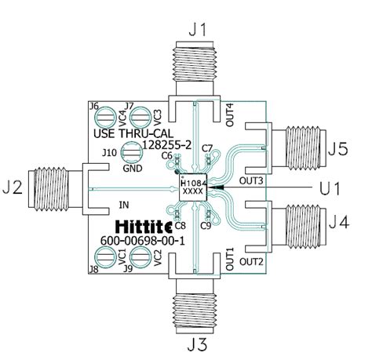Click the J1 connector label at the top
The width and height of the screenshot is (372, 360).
pos(199,31)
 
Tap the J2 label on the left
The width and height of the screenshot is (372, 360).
pos(12,188)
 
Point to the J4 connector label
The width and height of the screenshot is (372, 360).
pos(338,224)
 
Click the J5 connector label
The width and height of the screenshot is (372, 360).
pos(338,147)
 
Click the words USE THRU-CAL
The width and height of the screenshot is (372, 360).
pos(130,133)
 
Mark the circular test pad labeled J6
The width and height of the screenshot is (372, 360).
pos(104,118)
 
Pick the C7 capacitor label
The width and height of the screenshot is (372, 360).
pos(206,149)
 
